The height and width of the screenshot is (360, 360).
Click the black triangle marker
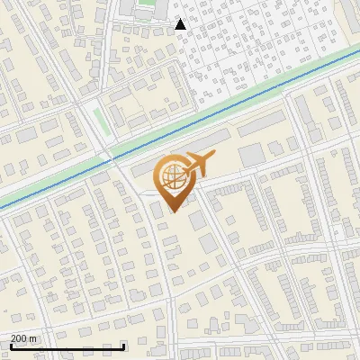181,24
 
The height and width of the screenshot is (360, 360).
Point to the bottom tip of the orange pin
173,212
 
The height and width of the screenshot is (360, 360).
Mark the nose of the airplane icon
214,156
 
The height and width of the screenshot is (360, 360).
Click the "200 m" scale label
23,338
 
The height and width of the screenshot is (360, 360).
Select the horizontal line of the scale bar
67,346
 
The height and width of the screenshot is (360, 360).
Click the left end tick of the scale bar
10,345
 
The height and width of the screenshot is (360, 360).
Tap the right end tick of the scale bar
123,345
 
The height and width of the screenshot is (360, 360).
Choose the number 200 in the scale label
19,338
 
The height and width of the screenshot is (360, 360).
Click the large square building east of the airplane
252,155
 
